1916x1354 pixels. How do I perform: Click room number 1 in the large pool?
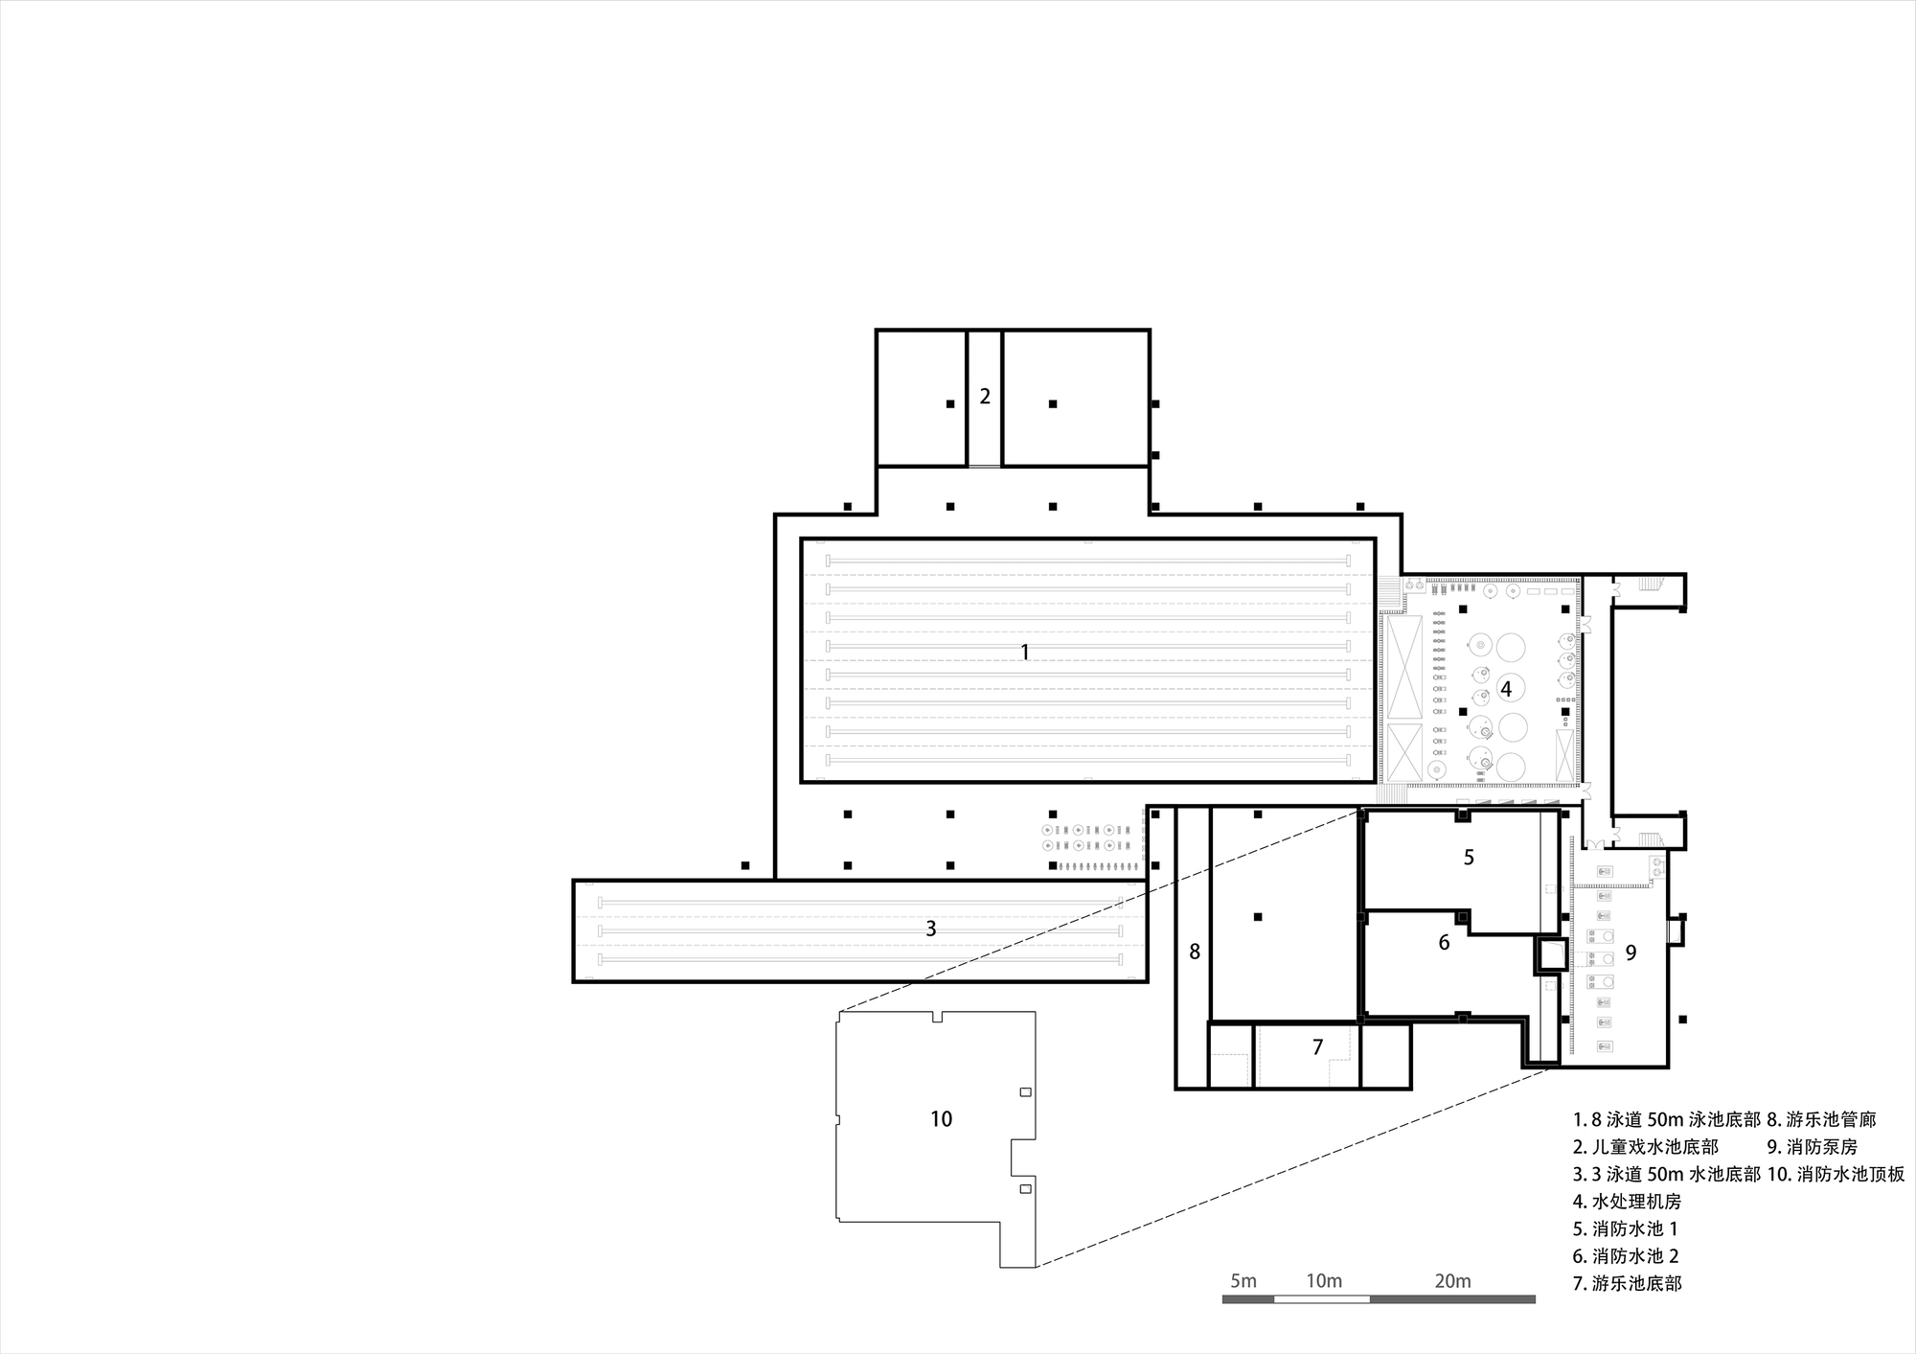[1025, 653]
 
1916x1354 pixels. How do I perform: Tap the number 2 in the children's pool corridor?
[985, 397]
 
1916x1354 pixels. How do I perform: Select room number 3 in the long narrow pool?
[930, 929]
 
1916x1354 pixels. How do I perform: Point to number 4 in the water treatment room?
[1506, 688]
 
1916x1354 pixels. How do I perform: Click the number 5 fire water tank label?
[1469, 857]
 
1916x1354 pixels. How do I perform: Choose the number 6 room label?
[1444, 943]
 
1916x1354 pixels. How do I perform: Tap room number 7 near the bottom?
[1317, 1047]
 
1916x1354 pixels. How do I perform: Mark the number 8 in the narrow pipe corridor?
[1194, 952]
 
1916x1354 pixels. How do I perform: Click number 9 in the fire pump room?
[1631, 952]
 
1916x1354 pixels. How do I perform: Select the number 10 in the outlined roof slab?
[941, 1118]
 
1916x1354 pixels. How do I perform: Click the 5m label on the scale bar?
[1243, 1281]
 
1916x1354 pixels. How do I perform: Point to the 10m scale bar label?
[1323, 1281]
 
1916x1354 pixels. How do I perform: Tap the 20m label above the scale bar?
[1452, 1281]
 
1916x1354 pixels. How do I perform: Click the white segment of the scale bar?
[1322, 1299]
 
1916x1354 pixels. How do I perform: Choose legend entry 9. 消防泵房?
[1813, 1146]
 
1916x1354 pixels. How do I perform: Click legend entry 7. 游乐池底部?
[1627, 1283]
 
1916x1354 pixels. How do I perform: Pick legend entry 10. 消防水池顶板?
[1836, 1174]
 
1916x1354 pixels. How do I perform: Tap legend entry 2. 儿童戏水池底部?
[1645, 1146]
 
